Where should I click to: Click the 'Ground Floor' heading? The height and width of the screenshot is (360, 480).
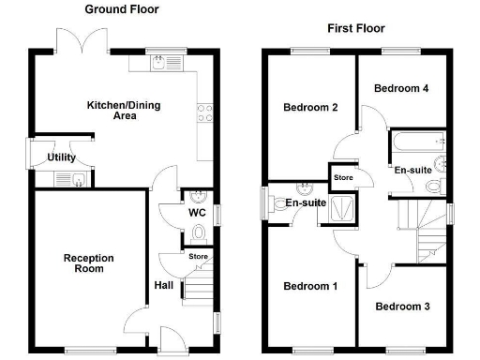122,9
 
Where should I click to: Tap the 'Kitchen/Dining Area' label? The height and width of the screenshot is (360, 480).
124,110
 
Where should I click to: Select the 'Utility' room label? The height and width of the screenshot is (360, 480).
62,157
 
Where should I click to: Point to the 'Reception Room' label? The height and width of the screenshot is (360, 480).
88,262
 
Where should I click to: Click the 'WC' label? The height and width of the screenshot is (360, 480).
196,213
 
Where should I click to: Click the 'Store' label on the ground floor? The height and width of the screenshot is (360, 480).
198,256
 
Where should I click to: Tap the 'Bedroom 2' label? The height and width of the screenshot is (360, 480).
310,107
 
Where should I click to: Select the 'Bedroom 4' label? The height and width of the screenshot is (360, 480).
401,88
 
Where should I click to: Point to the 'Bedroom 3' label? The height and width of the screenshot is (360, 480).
403,306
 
